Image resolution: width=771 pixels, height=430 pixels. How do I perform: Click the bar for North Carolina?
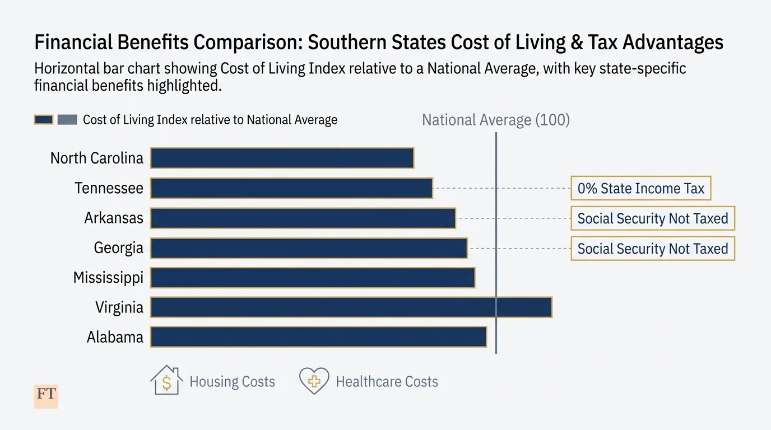click(282, 158)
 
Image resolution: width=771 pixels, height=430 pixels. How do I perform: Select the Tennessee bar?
click(291, 188)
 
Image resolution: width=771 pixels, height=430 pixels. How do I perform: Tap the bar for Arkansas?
click(303, 218)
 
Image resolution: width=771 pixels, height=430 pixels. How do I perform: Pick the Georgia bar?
click(309, 248)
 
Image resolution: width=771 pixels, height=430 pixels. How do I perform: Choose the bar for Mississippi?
click(313, 278)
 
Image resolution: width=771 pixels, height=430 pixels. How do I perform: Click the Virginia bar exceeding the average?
click(351, 307)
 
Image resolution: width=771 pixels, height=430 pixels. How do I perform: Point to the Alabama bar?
click(318, 337)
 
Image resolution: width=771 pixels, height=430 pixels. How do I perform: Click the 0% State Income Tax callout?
click(640, 189)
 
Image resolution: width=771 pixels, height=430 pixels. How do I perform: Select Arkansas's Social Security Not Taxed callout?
click(652, 218)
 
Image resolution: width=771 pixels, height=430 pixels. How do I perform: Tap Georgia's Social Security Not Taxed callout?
click(652, 249)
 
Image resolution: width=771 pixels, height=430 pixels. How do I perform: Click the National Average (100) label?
click(495, 120)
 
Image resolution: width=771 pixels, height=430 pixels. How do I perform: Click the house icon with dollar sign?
click(166, 381)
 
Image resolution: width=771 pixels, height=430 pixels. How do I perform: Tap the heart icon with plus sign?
click(314, 381)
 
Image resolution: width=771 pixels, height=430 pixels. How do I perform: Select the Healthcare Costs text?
click(387, 382)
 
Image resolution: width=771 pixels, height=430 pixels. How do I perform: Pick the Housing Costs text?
click(232, 382)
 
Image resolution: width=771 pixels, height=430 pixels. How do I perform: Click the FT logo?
click(46, 395)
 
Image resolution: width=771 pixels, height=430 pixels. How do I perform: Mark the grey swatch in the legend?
click(67, 120)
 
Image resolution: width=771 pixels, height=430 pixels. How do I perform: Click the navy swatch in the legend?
click(44, 120)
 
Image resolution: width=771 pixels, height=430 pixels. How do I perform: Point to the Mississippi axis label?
click(108, 278)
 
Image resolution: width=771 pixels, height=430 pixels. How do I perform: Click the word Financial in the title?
click(73, 43)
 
